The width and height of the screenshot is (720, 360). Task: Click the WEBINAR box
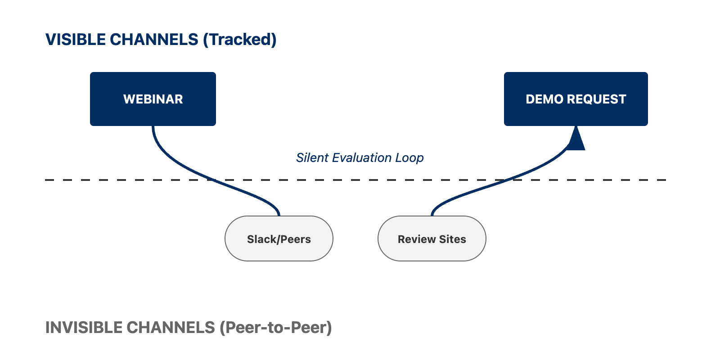click(x=153, y=99)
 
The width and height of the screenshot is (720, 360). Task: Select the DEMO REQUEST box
click(x=576, y=99)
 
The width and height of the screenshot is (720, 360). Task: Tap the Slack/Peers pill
click(x=279, y=238)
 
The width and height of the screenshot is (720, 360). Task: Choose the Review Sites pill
click(x=432, y=238)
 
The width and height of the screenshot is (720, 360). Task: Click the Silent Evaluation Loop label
click(x=360, y=158)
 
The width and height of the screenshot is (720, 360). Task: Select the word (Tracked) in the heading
click(x=239, y=40)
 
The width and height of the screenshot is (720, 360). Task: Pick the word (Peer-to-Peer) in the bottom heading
click(x=276, y=328)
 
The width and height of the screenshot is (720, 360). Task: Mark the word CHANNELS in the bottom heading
click(x=171, y=328)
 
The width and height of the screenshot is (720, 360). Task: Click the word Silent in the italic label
click(x=312, y=157)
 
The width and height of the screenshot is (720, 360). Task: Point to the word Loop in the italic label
click(x=409, y=158)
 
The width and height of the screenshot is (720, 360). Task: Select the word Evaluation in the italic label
click(x=362, y=157)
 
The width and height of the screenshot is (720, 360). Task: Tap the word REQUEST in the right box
click(x=597, y=99)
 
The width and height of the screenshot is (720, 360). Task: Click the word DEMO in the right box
click(x=544, y=99)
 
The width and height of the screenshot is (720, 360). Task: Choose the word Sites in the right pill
click(x=453, y=239)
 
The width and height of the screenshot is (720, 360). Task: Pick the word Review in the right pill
click(x=417, y=239)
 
